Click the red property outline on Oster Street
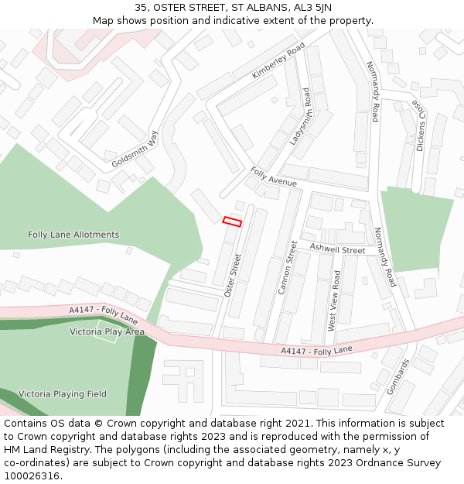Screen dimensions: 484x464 (x=232, y=221)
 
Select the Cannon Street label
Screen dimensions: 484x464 (x=287, y=267)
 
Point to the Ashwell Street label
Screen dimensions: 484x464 (x=337, y=250)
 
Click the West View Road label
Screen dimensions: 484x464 (x=334, y=301)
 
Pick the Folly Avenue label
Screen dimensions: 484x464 (x=273, y=177)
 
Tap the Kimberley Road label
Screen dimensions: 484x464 (x=278, y=61)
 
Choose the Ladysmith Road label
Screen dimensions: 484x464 (x=300, y=117)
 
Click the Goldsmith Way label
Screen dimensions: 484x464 (x=135, y=149)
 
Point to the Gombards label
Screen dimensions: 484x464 (x=397, y=376)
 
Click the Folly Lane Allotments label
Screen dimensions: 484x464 (x=73, y=235)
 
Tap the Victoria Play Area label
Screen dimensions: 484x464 (x=107, y=331)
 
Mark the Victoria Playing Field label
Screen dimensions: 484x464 (x=63, y=393)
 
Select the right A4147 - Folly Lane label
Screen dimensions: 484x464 (x=316, y=351)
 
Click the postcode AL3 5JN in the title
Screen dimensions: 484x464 (x=313, y=8)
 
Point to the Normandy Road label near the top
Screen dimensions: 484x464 (x=373, y=91)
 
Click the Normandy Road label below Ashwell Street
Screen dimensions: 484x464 (x=384, y=257)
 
